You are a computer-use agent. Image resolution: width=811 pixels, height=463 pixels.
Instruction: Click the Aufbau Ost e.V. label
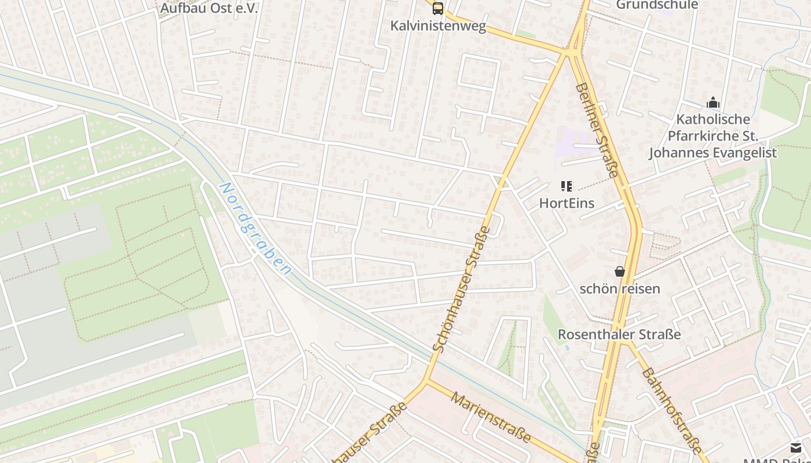[209, 8]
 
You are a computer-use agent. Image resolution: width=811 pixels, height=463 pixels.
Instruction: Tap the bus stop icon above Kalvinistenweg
[438, 9]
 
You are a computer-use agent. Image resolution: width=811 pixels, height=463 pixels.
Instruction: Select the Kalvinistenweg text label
[438, 26]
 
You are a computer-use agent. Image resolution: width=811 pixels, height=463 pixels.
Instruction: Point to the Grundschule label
[657, 5]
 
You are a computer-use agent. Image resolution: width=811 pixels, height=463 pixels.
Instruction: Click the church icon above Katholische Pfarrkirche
[713, 103]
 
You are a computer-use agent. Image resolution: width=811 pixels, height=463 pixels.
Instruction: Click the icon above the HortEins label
[566, 186]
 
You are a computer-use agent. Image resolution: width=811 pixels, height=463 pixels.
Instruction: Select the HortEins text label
[567, 203]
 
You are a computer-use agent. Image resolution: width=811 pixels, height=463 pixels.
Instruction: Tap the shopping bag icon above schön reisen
[619, 271]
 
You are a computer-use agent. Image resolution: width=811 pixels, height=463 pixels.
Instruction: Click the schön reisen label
[620, 288]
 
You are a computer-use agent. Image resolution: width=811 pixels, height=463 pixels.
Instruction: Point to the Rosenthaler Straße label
[619, 335]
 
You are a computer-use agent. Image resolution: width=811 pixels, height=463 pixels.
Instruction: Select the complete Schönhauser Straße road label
[462, 289]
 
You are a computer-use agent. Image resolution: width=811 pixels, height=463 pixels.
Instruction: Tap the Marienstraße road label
[491, 417]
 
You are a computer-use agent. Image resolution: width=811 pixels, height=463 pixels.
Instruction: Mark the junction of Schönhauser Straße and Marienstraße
[427, 382]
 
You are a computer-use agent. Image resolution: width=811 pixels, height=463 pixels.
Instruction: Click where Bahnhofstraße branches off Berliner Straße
[624, 341]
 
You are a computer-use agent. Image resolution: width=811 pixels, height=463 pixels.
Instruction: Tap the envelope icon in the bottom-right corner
[796, 447]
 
